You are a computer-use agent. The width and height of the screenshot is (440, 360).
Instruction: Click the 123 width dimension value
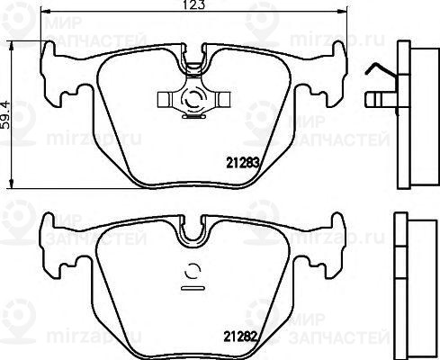pos(193,6)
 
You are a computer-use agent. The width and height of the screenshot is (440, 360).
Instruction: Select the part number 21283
pos(240,164)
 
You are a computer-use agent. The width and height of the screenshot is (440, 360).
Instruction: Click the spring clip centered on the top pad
pos(192,97)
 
